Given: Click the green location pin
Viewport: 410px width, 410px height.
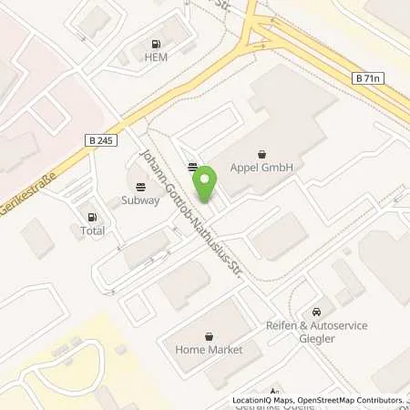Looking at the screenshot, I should point(206,182).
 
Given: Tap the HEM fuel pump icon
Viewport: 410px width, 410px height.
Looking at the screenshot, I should point(157,44).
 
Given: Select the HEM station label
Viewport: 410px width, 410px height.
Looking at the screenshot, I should point(157,57).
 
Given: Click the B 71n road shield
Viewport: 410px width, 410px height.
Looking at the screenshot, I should point(367,80).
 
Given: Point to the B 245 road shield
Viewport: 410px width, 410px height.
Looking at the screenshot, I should point(102,139).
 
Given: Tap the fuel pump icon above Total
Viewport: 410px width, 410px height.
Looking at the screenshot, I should point(92,217).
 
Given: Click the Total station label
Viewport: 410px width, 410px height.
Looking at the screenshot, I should point(92,231).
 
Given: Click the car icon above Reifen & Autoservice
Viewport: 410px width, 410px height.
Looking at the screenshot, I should point(316,313).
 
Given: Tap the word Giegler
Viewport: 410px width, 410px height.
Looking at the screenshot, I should point(316,339).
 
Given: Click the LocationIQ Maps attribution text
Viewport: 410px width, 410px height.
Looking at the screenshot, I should point(265,400).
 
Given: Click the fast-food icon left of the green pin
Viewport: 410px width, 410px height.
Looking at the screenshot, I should point(192,167).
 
